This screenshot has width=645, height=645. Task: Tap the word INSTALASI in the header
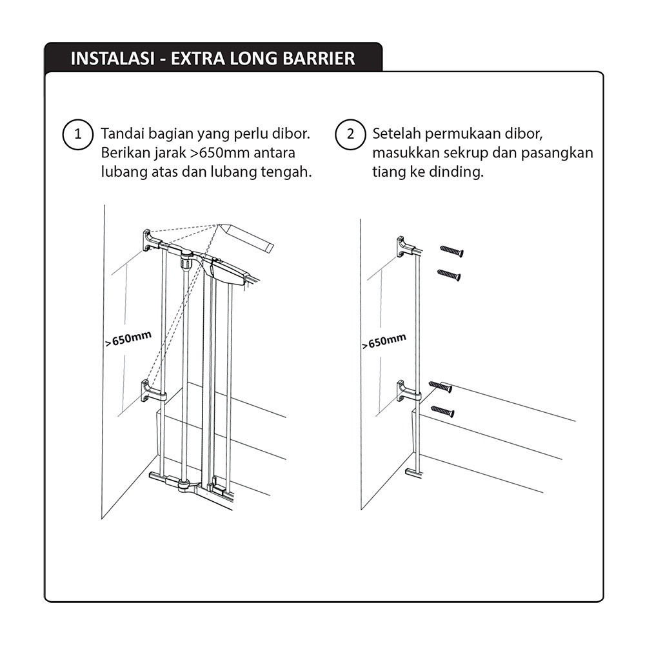pos(111,59)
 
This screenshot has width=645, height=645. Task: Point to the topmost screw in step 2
pos(451,251)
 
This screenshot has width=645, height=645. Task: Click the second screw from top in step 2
pos(449,275)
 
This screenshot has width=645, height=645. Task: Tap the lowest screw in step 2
pos(442,410)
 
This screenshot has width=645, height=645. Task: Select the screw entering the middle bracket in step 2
pos(440,386)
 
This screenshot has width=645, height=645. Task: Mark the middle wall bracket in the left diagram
pos(152,391)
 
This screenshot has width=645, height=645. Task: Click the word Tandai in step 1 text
pos(122,135)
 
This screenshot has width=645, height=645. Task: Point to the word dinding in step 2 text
pos(461,173)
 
